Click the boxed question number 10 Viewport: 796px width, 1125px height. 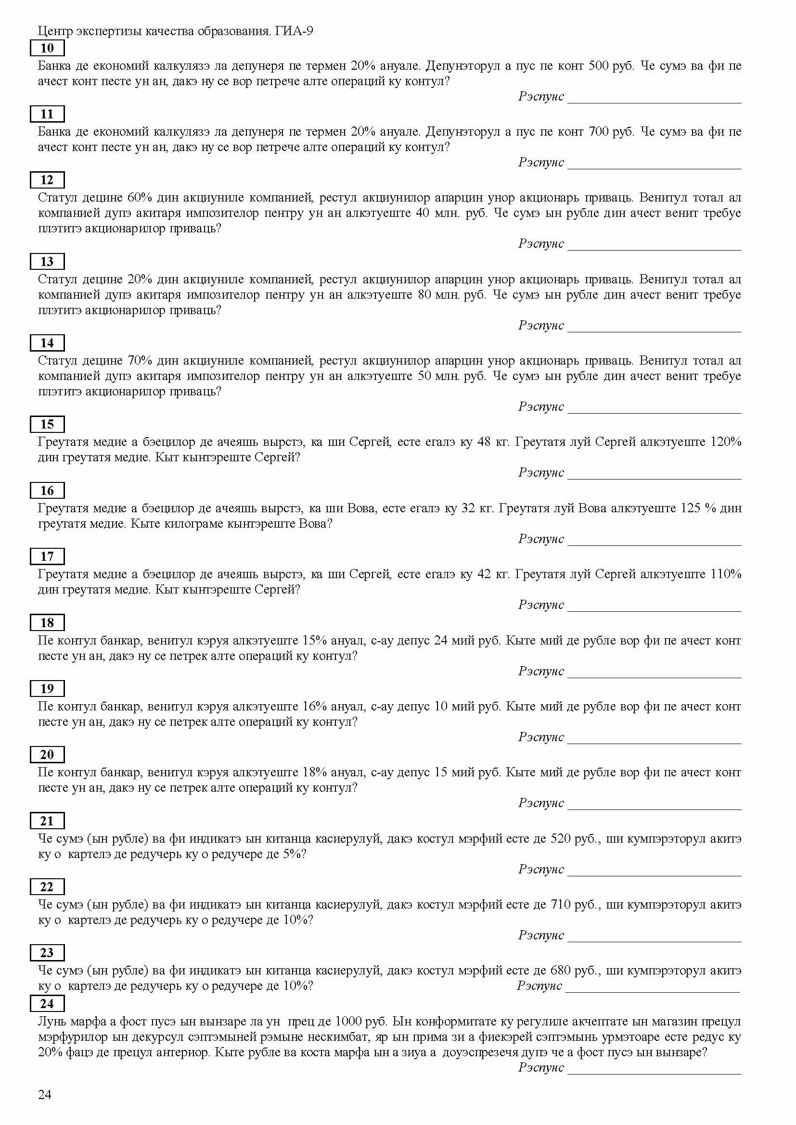[47, 48]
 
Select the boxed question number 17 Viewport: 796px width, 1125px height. [47, 556]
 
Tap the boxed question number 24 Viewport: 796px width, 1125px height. [47, 1003]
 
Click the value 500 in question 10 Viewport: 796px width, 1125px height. [598, 66]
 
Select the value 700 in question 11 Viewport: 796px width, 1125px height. [598, 132]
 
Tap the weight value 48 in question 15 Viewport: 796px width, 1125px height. [483, 442]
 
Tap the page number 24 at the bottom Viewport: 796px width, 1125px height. [45, 1095]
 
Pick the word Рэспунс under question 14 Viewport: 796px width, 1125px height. [540, 407]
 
